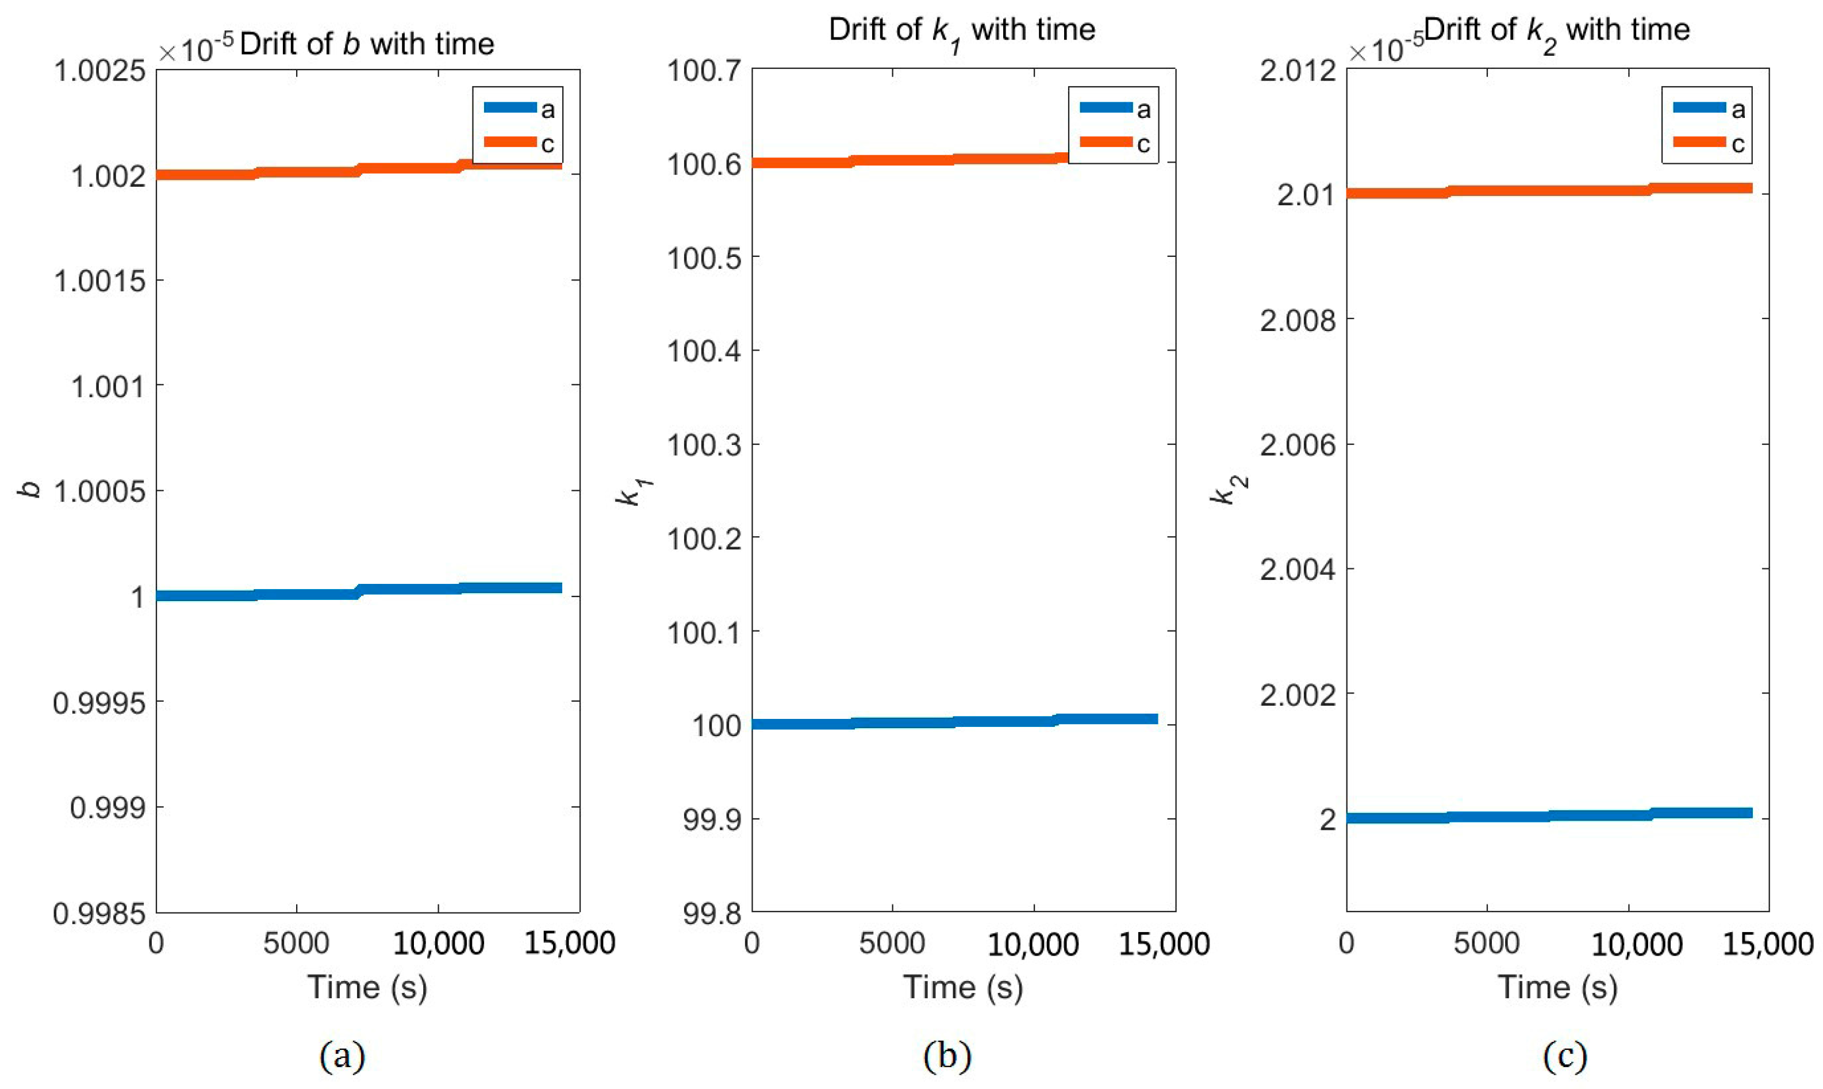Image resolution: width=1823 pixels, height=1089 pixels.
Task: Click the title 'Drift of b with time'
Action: click(x=367, y=44)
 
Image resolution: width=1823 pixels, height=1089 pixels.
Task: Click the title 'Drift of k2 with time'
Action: click(x=1557, y=31)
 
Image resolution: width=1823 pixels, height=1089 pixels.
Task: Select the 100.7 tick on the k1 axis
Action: click(x=705, y=71)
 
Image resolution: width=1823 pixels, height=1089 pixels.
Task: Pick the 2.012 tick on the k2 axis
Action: click(x=1298, y=71)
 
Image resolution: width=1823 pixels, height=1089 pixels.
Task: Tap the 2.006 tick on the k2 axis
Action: click(x=1298, y=445)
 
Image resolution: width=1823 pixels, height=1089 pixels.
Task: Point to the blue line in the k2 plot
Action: click(x=1541, y=816)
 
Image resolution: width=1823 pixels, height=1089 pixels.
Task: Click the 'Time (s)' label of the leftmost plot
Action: click(x=367, y=987)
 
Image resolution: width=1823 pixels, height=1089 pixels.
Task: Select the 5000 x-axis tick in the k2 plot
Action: click(x=1486, y=943)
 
